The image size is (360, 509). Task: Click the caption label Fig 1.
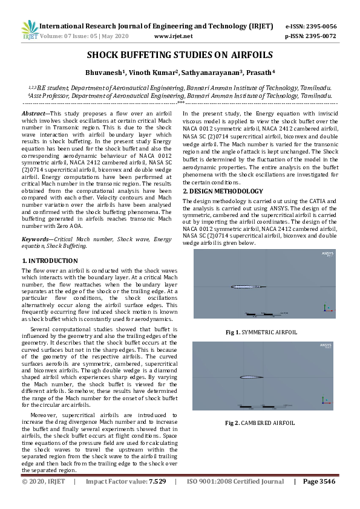pos(232,332)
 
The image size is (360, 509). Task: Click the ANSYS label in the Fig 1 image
pos(327,253)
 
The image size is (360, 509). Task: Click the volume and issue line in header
pos(85,36)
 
